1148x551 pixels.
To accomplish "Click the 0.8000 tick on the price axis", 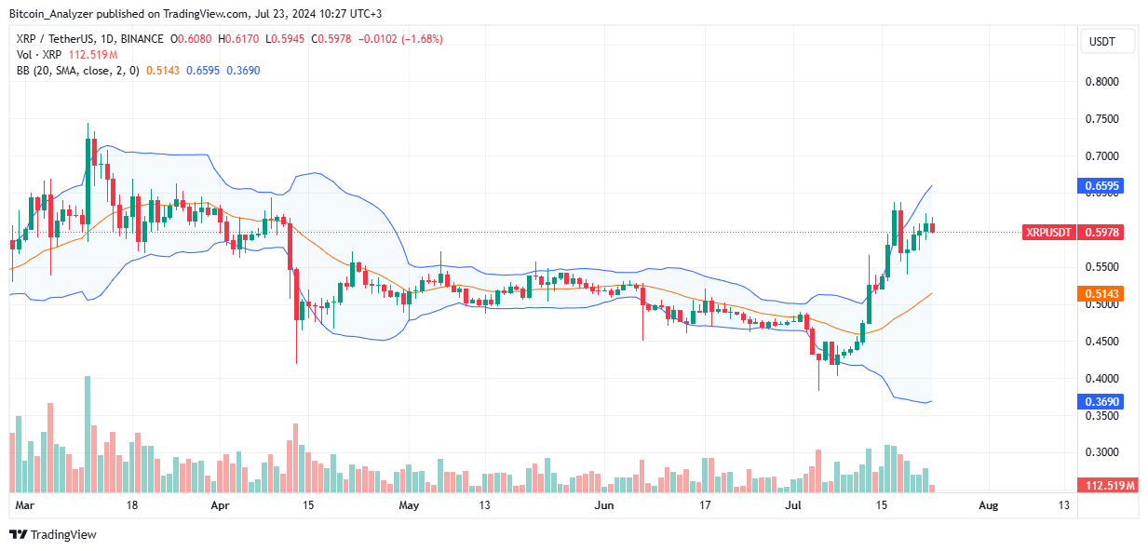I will click(1103, 82).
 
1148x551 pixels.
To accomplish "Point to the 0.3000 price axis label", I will click(1103, 452).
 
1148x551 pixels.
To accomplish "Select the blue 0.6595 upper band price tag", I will click(1103, 186).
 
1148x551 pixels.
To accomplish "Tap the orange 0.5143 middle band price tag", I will click(1103, 294).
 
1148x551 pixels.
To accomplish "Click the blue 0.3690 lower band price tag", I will click(1103, 401).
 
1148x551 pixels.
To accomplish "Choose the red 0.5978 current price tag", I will click(1103, 233).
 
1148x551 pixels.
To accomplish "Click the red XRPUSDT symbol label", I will click(1048, 233).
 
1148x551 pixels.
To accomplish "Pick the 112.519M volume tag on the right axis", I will click(1107, 486).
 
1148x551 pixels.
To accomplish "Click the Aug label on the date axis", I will click(989, 505).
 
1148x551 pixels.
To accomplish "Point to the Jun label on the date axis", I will click(605, 505).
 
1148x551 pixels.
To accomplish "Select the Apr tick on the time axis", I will click(220, 505).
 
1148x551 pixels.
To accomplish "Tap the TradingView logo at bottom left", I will click(53, 534).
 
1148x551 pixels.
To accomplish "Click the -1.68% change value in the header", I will click(423, 39).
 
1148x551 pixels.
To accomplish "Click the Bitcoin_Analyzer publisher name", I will click(53, 14).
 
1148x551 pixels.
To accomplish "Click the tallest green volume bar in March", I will click(88, 434).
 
